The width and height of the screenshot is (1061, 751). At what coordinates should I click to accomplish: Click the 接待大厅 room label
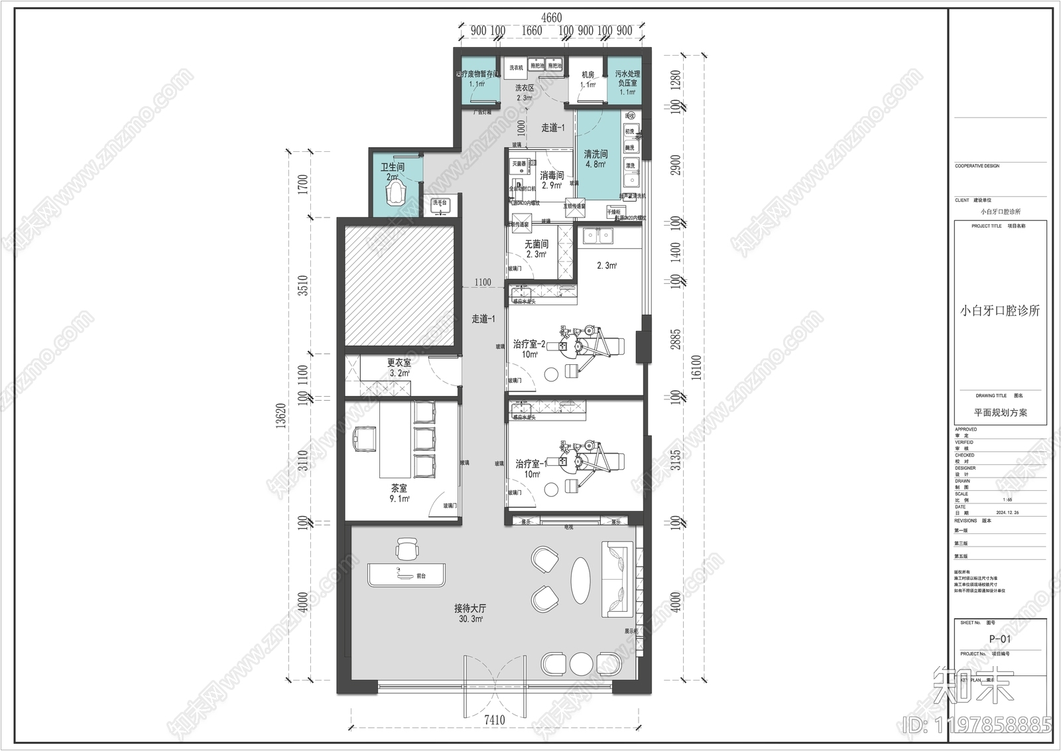click(470, 608)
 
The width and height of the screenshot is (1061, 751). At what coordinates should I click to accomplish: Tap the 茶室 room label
click(399, 488)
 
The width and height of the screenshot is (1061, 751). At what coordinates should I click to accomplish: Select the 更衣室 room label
click(399, 363)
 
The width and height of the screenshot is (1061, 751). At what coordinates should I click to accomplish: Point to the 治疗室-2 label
click(529, 344)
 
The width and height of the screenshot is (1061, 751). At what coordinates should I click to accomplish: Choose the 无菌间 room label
click(536, 244)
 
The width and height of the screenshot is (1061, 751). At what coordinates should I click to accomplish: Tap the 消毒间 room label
click(552, 176)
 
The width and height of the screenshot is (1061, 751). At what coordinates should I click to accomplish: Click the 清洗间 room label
click(595, 154)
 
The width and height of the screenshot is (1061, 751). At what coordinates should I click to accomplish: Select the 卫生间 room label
click(393, 167)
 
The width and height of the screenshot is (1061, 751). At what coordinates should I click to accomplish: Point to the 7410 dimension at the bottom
click(494, 720)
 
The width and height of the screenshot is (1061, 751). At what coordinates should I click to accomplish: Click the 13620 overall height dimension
click(281, 415)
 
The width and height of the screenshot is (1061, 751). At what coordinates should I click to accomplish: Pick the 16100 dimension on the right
click(696, 368)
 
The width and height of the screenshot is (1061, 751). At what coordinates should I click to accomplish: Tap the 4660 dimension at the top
click(551, 18)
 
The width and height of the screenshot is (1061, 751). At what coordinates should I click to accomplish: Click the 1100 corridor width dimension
click(483, 283)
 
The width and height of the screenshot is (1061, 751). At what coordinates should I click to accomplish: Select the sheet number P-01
click(1000, 639)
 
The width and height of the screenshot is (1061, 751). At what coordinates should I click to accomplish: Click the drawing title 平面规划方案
click(1000, 413)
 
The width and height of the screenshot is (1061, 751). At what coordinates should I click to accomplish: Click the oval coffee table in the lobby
click(581, 580)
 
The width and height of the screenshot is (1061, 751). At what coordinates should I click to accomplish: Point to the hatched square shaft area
click(399, 285)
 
